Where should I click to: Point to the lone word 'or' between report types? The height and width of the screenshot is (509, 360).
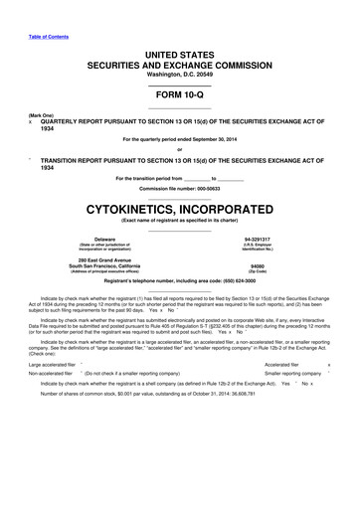(x=179, y=150)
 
